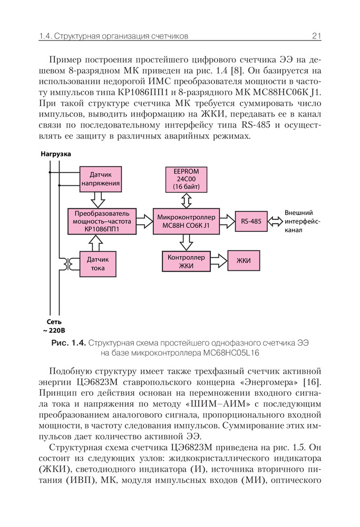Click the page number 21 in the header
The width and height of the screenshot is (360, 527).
click(316, 36)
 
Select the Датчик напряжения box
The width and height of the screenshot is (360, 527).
click(100, 180)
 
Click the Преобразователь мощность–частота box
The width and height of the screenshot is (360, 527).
click(101, 221)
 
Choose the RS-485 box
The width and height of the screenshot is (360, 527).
click(251, 221)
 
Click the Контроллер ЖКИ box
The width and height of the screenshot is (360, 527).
click(186, 261)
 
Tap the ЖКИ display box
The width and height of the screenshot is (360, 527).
click(243, 261)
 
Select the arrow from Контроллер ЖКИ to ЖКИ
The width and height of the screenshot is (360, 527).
click(218, 261)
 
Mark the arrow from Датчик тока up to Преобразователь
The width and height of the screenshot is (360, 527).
click(98, 242)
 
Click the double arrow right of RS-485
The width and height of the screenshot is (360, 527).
click(275, 221)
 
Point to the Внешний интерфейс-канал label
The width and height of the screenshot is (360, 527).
click(300, 221)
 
